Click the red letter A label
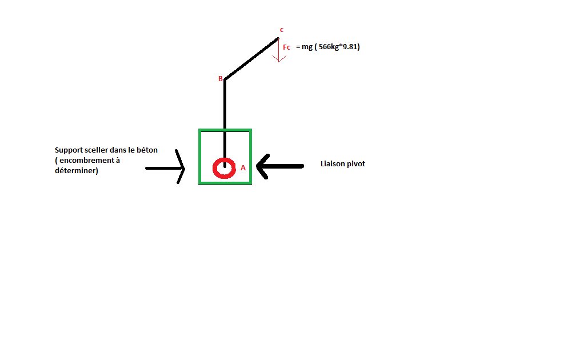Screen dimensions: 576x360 coord(243,168)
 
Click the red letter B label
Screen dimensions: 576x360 coord(221,79)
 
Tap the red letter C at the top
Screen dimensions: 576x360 coord(281,30)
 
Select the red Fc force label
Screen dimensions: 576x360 coord(287,47)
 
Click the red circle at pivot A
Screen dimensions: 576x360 coord(224,168)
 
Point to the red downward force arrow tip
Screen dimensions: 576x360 coord(278,60)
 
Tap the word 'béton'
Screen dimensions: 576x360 coord(147,150)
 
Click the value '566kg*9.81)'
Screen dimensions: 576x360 coord(339,47)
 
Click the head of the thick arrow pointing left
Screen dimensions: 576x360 coord(261,166)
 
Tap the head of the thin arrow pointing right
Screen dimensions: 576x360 coord(182,168)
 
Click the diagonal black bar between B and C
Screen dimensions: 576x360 coord(251,59)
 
